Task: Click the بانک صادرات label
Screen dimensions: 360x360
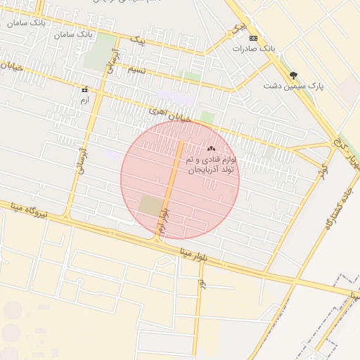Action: [x=252, y=49]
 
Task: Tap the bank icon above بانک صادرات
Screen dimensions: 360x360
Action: [x=254, y=38]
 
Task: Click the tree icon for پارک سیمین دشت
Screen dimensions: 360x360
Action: [x=293, y=75]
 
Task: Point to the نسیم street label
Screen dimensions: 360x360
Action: [x=136, y=70]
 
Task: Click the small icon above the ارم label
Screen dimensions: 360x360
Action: [x=85, y=90]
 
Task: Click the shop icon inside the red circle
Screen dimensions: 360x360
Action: [x=211, y=148]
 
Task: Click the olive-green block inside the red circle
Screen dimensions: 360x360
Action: [x=150, y=205]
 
